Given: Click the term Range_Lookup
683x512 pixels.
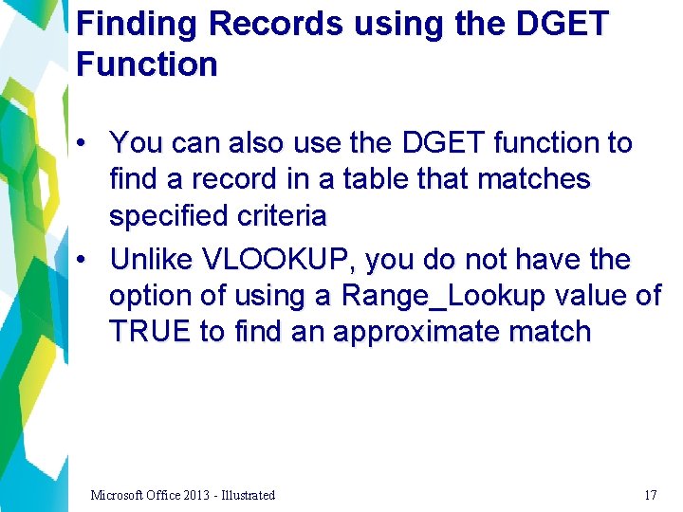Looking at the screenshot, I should pos(442,296).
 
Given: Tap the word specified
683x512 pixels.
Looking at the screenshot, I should pos(169,216).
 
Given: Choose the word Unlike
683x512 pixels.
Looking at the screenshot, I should pos(152,259).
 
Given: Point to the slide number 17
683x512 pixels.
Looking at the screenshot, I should pos(650,495).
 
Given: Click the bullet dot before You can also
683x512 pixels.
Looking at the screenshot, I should pos(84,143).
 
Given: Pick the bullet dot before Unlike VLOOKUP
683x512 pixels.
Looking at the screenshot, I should pos(84,259).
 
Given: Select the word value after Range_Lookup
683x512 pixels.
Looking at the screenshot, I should pos(586,296).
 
